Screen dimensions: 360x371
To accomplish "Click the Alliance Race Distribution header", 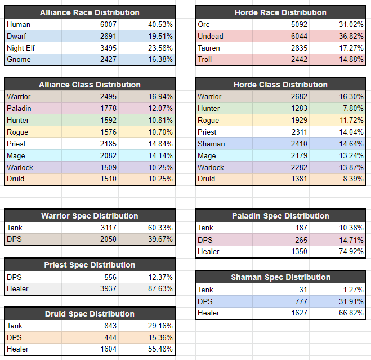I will click(x=90, y=12).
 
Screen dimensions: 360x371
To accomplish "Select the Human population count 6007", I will click(x=108, y=24).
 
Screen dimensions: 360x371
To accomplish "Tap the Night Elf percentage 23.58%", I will click(x=160, y=48).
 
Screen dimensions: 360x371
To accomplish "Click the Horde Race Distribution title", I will click(x=280, y=12).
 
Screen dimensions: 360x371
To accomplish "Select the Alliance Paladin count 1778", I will click(x=108, y=108).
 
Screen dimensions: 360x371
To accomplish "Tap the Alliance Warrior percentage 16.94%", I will click(x=160, y=96).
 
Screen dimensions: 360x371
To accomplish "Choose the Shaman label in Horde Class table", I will click(x=211, y=144).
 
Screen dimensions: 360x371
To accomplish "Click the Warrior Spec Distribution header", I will click(x=90, y=216).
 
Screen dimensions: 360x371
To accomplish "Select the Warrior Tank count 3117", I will click(x=108, y=228).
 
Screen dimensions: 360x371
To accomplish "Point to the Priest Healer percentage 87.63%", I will click(x=160, y=288).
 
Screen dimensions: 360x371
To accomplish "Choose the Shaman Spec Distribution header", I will click(x=280, y=277).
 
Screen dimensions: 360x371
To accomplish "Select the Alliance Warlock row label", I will click(x=20, y=167).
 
